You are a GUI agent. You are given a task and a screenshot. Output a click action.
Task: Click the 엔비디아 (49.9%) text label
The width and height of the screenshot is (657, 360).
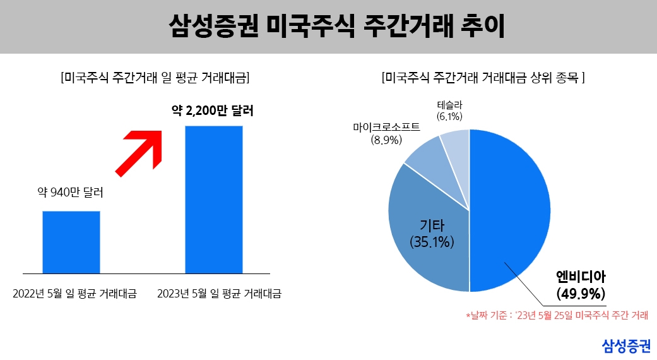581,285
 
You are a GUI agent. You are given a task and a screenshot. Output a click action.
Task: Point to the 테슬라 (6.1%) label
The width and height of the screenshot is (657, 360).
449,111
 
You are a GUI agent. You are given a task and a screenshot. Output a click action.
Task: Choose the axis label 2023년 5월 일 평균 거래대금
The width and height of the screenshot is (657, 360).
218,294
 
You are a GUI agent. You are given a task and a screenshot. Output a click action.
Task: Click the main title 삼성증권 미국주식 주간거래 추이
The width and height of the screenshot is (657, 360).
328,27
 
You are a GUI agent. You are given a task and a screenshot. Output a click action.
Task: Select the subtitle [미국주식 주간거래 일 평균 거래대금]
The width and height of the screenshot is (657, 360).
154,78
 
